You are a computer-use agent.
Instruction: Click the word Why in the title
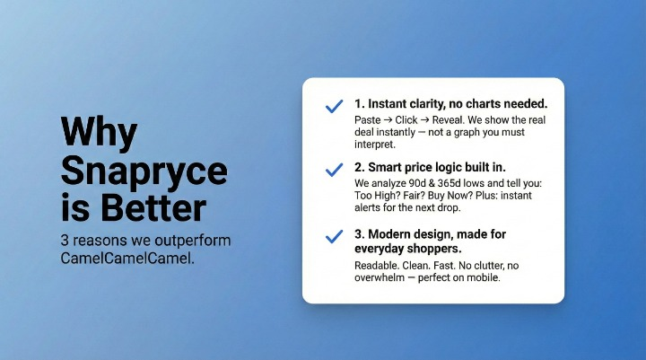tap(99, 132)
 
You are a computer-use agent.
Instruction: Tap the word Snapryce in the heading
tap(144, 171)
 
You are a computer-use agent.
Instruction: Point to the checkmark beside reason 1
tap(334, 106)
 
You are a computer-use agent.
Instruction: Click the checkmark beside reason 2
tap(334, 169)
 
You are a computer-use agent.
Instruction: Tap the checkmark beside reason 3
tap(334, 237)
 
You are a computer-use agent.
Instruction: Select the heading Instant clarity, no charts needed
tap(450, 104)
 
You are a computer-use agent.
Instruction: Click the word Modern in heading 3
tap(394, 233)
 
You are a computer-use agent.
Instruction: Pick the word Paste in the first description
tap(369, 120)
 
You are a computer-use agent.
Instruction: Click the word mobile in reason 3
tap(482, 277)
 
